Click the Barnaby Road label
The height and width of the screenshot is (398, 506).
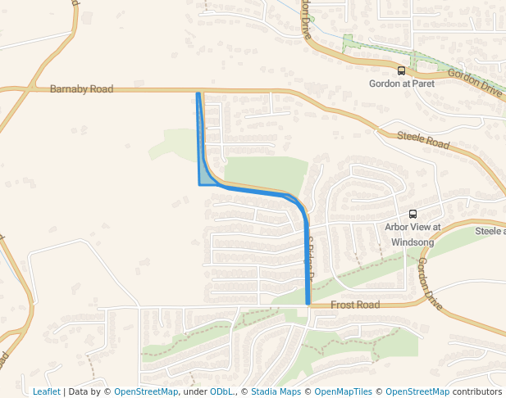81,88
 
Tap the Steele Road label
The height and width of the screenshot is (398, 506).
424,140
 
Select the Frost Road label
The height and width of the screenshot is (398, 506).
355,305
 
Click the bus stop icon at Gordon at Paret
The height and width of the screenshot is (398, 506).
401,71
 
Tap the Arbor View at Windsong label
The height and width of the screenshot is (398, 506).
413,234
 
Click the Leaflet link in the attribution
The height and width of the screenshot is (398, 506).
46,391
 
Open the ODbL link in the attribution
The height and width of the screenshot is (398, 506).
221,391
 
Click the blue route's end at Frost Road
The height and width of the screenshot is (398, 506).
308,303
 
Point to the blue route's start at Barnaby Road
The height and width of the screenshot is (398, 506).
198,94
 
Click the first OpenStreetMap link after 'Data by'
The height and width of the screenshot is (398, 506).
146,391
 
